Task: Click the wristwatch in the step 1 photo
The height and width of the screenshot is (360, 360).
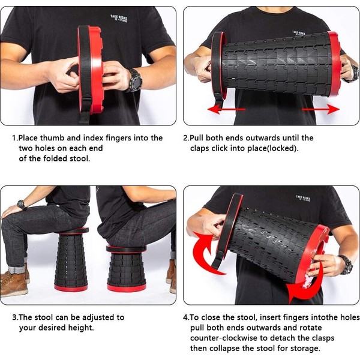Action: coord(134,80)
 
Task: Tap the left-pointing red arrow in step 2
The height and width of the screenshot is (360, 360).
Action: coord(226,109)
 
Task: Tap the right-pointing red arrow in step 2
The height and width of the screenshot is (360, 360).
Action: coord(320,109)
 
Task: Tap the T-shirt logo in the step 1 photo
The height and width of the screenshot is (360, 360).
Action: coord(118,19)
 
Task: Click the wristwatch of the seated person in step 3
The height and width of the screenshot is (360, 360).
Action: coord(22,205)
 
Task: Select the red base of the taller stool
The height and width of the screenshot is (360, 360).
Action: coord(71,287)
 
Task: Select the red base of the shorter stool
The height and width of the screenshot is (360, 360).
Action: coord(127,288)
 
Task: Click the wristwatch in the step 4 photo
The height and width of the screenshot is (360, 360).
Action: coord(346,265)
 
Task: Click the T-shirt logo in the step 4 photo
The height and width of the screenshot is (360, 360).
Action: coord(303,199)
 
